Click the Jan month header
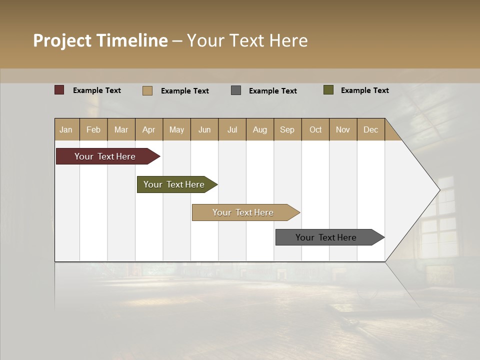click(x=66, y=129)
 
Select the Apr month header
click(x=149, y=129)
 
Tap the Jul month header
click(x=232, y=129)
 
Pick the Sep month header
click(x=287, y=129)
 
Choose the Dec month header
click(x=370, y=129)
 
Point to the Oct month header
click(x=315, y=129)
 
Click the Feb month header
click(x=93, y=129)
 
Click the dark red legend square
click(x=59, y=90)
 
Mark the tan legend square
click(x=147, y=90)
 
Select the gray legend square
click(x=236, y=90)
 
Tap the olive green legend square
click(x=328, y=90)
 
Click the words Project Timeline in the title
click(x=100, y=40)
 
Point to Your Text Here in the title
click(x=247, y=40)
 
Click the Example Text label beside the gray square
click(x=272, y=91)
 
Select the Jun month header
click(x=204, y=129)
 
